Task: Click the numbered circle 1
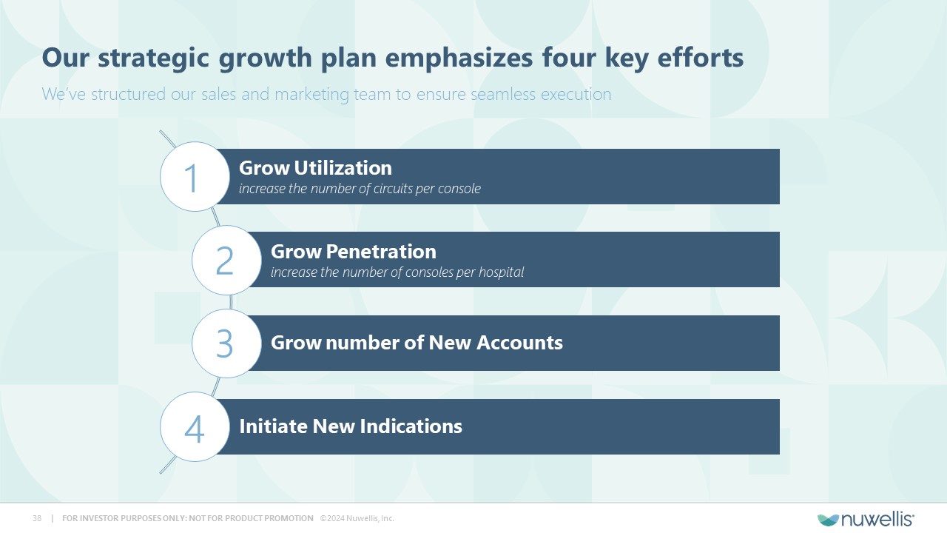(x=195, y=176)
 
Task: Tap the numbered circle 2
(x=226, y=260)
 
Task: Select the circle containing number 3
(x=226, y=343)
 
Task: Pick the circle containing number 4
(x=195, y=426)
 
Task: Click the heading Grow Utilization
(x=315, y=168)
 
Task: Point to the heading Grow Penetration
(x=354, y=252)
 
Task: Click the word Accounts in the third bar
(x=519, y=343)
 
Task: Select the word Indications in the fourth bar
(x=408, y=426)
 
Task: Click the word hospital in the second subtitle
(x=501, y=272)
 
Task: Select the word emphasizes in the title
(x=459, y=58)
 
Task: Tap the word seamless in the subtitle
(x=502, y=94)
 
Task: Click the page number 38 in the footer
(x=37, y=518)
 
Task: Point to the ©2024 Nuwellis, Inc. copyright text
(x=357, y=518)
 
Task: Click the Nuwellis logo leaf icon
(x=828, y=520)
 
